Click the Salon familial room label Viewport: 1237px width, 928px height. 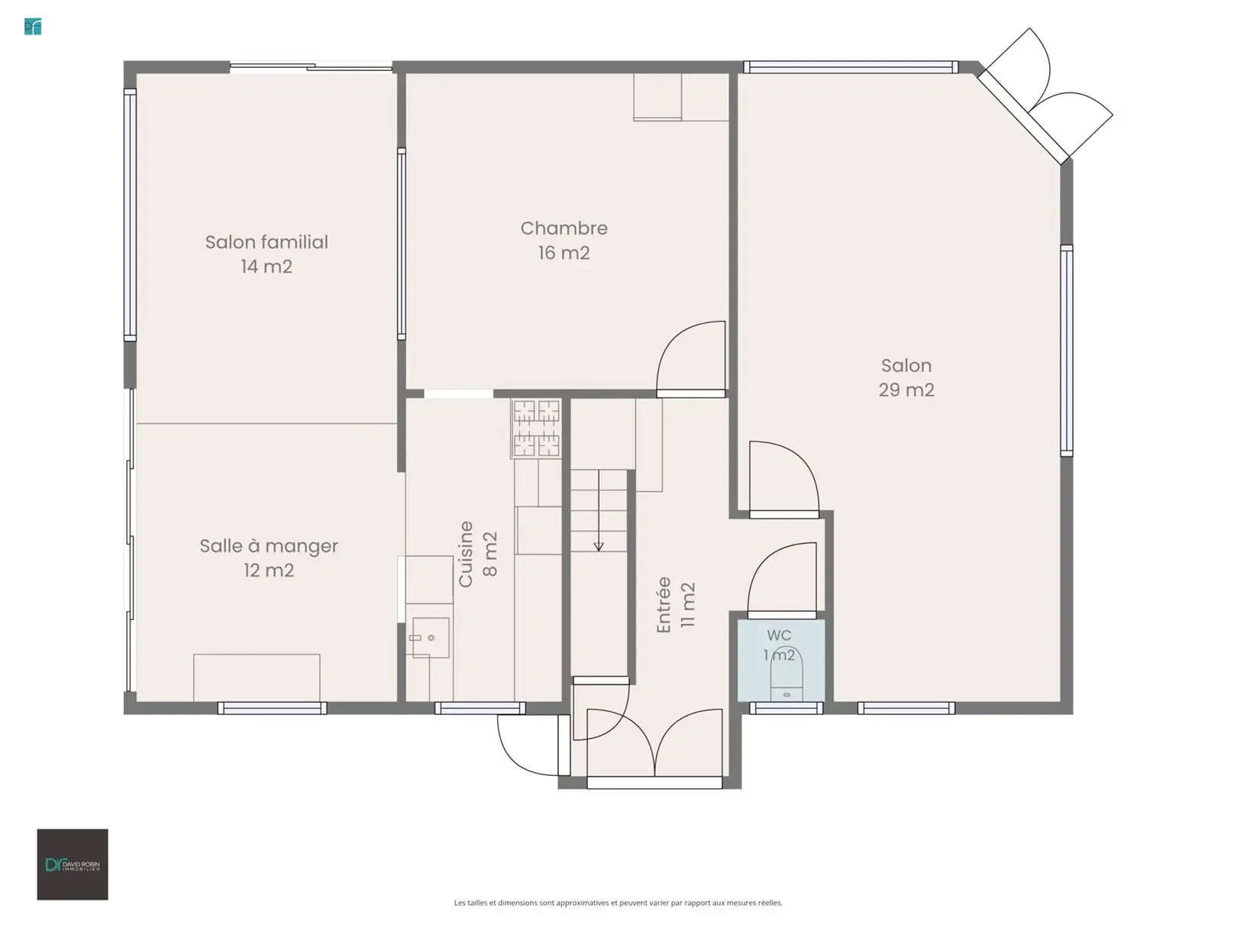point(266,254)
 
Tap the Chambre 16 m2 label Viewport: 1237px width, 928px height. point(564,240)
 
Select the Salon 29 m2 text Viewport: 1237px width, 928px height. point(906,377)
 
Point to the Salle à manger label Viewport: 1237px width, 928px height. point(269,558)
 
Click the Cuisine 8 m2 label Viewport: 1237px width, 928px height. point(478,554)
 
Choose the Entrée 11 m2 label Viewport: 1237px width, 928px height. point(676,605)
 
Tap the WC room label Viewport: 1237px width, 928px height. point(780,645)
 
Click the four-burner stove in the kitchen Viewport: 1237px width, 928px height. point(536,428)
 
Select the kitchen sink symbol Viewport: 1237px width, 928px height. point(431,637)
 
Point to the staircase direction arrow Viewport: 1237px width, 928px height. point(599,510)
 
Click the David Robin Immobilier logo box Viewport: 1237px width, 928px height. point(73,865)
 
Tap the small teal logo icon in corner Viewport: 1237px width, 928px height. point(33,27)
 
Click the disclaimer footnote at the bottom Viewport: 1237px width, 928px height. point(618,903)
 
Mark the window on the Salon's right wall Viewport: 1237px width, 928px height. point(1066,351)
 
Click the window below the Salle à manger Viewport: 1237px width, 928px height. point(272,708)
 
